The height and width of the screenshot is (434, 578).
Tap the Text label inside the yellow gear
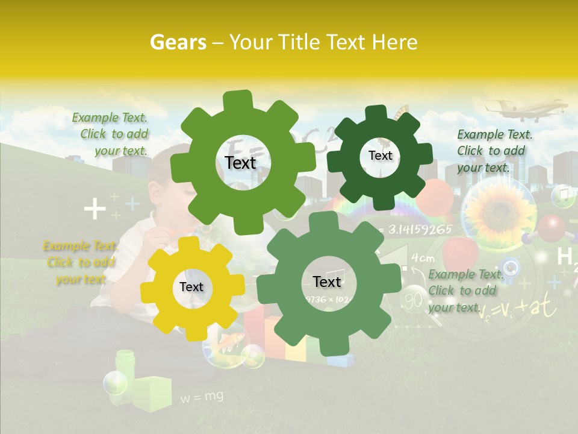191,288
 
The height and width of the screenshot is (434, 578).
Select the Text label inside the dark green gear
380,156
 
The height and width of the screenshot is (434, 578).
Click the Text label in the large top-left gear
240,163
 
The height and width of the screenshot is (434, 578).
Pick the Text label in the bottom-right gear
327,282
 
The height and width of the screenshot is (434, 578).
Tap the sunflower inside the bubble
499,211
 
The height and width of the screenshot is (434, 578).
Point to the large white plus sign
95,210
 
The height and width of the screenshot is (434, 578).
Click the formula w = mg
202,396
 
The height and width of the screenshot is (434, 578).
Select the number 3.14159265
420,229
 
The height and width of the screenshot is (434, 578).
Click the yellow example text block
79,262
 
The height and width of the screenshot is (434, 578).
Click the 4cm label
423,258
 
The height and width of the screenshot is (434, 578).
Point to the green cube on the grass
152,393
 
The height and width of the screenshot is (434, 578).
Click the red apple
460,250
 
